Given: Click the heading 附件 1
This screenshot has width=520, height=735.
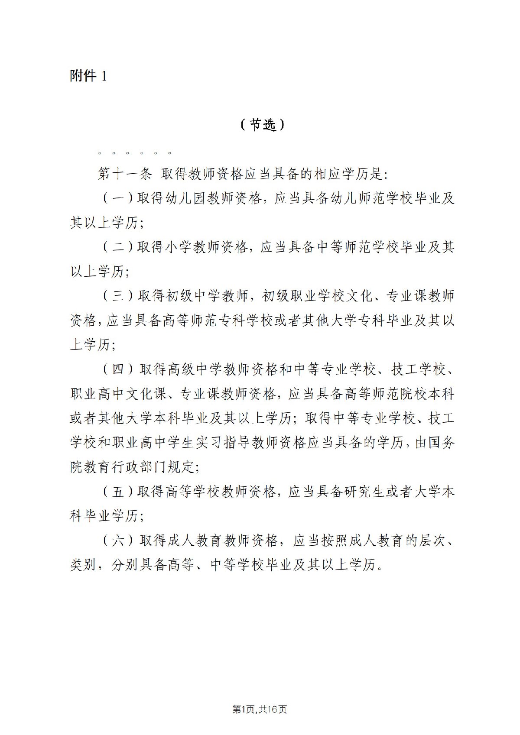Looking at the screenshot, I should coord(88,76).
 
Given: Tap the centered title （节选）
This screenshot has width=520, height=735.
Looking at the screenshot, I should coord(262,125).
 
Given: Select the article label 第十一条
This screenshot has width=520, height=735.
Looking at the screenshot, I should coord(124,174).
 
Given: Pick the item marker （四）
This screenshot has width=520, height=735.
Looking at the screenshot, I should coord(118,369).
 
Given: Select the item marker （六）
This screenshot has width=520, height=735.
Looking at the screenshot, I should coord(118,541).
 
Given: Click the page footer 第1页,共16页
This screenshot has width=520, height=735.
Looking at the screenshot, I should coord(260,709).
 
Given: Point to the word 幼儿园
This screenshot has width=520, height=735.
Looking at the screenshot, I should coord(185,199).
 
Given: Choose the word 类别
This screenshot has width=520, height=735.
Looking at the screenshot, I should coord(82,565).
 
